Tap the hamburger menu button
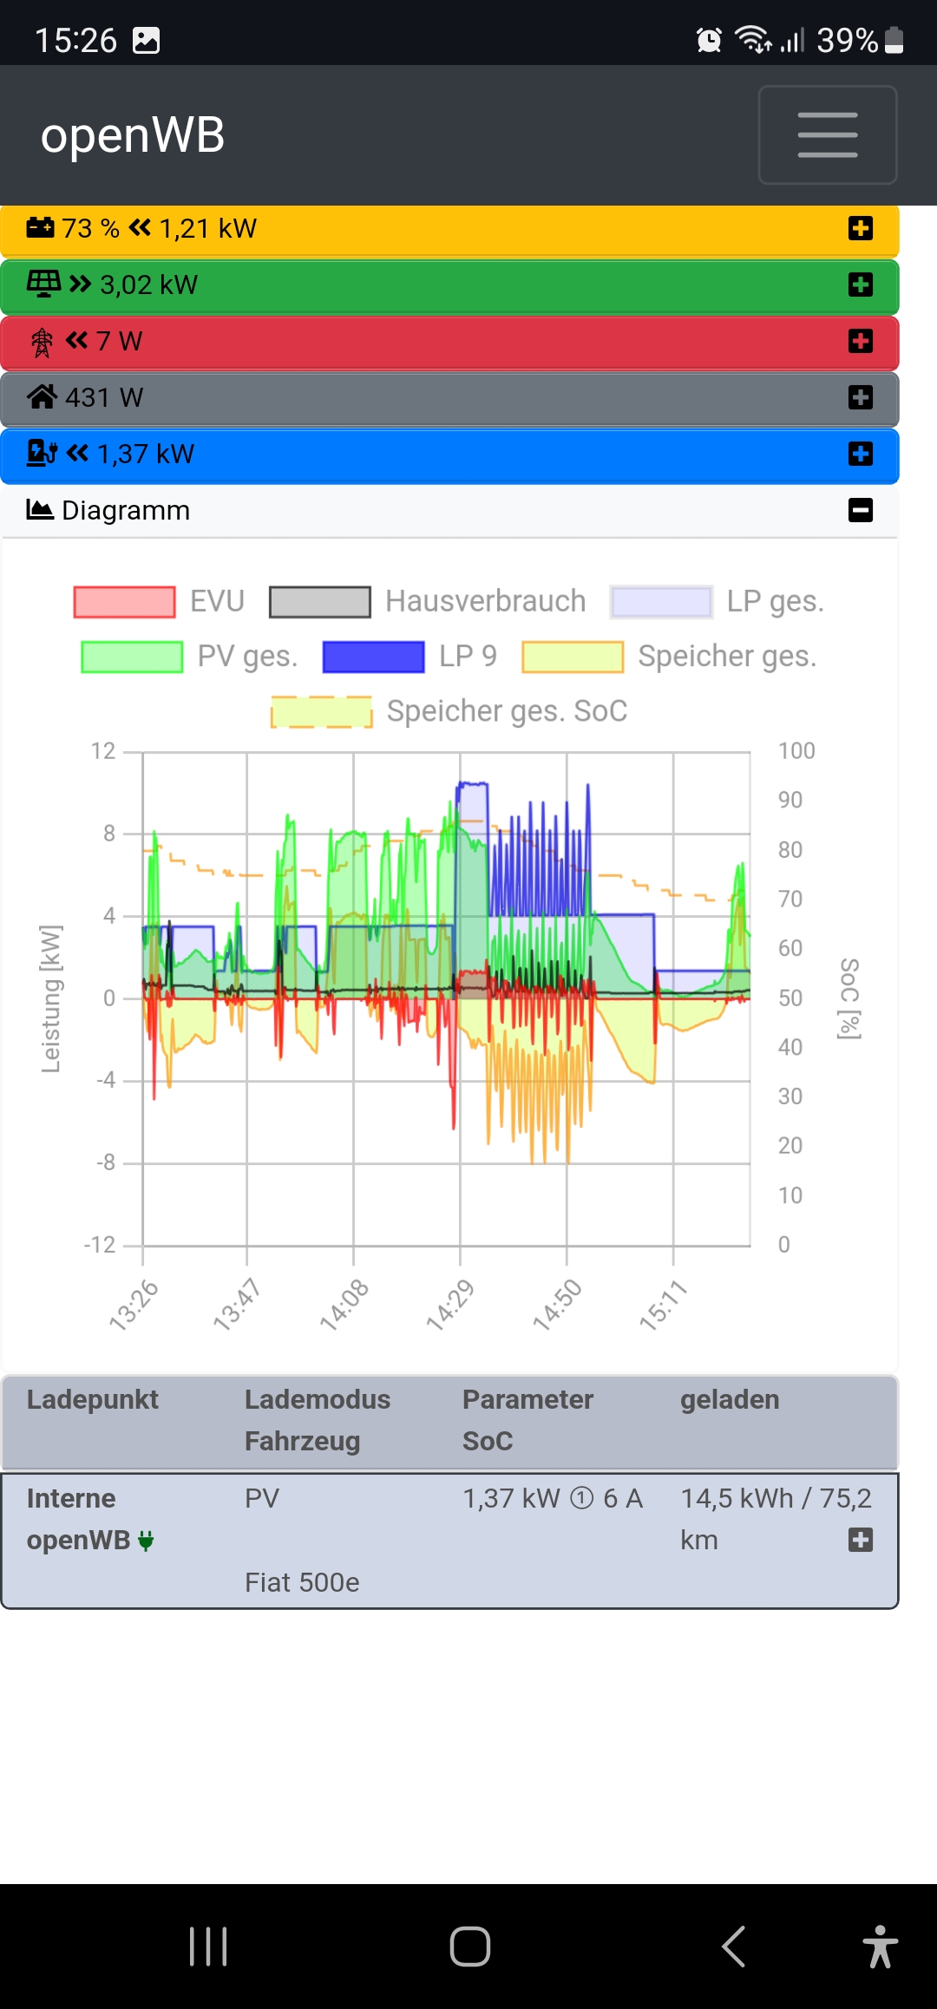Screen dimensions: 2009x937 827,134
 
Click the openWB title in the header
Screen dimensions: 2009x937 133,135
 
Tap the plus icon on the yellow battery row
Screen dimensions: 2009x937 860,228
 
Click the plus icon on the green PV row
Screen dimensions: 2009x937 860,285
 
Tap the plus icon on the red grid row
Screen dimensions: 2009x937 860,341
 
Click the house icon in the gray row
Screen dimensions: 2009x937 42,396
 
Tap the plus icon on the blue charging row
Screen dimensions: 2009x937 860,454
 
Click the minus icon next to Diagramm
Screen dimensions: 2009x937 860,510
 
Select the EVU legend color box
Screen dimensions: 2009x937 125,601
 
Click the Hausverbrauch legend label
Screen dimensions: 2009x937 485,601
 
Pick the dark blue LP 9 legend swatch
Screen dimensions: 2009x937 373,657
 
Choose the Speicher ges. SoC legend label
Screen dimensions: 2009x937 507,711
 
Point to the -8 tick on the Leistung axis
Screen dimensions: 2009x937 106,1162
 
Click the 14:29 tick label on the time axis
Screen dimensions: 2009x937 450,1304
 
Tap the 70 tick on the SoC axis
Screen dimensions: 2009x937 790,899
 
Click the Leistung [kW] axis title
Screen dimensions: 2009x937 51,998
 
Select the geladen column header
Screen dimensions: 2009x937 730,1399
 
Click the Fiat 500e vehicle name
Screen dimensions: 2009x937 302,1582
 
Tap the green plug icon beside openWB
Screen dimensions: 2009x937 146,1541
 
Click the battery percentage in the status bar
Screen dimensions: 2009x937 848,40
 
